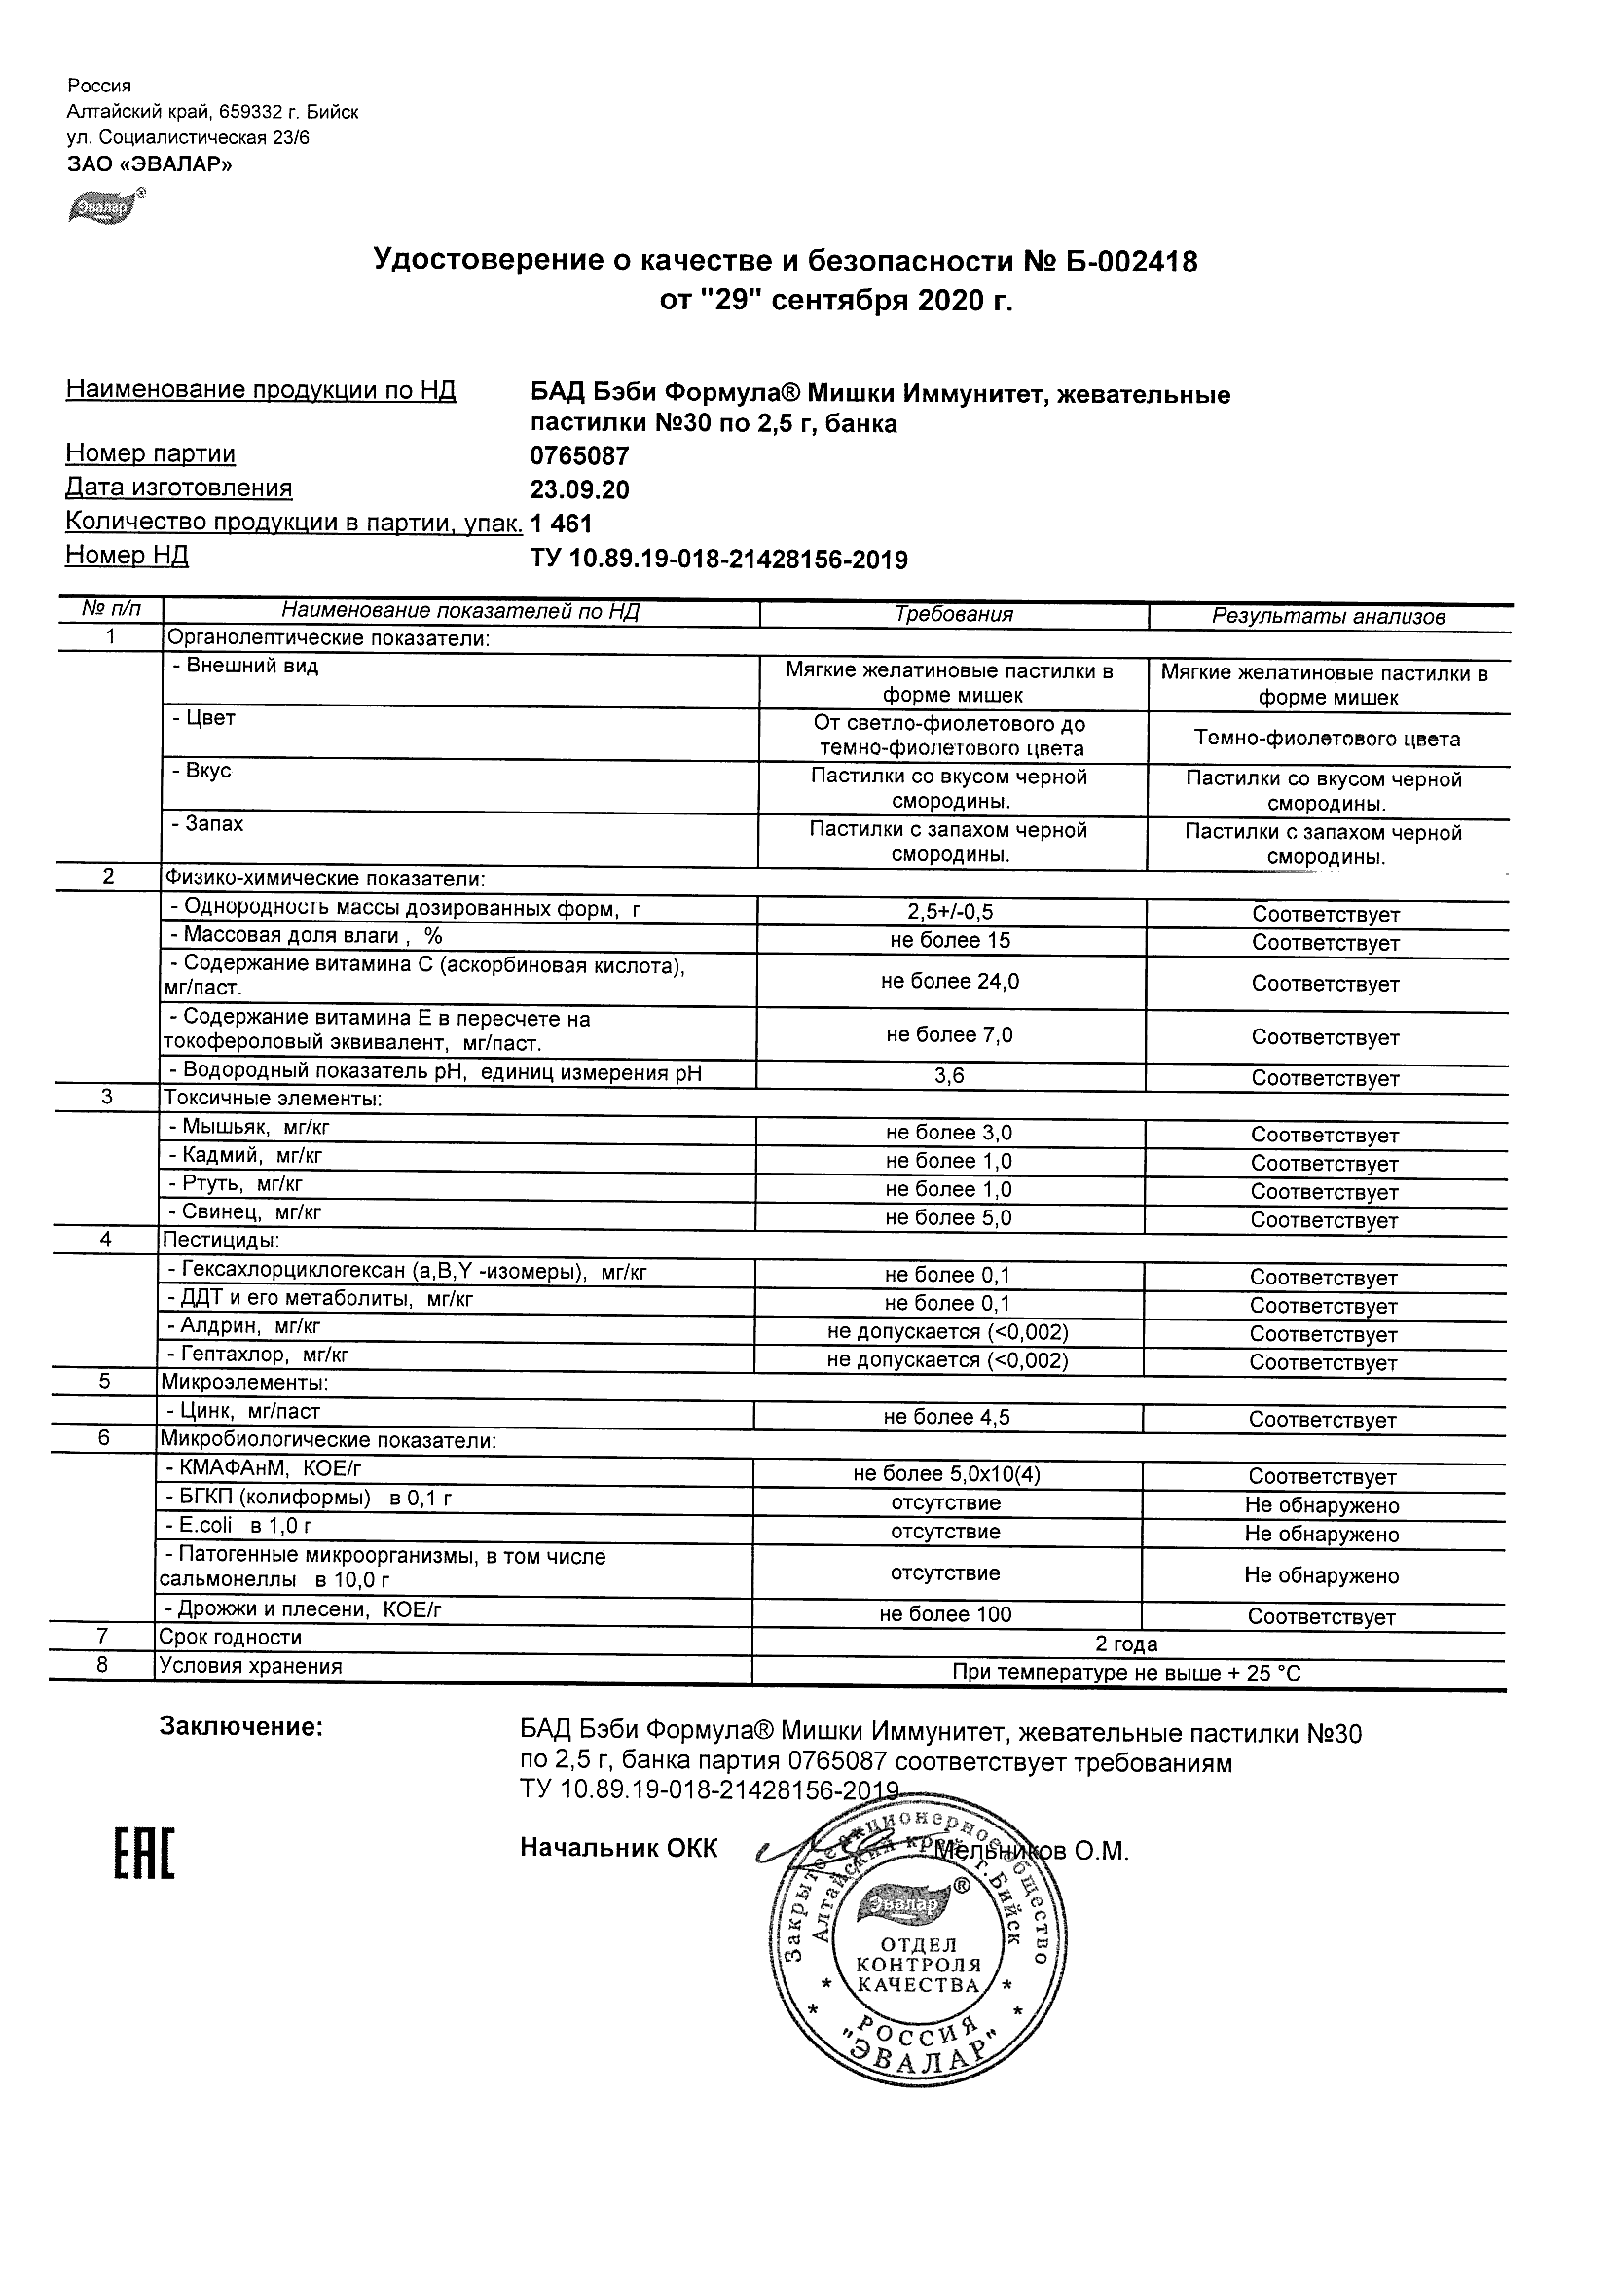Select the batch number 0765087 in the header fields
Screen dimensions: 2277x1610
click(579, 456)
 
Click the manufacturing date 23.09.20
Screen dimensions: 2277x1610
click(579, 489)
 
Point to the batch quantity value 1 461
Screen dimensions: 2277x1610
click(562, 524)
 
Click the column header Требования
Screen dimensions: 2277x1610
click(953, 614)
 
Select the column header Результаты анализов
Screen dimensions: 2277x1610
click(1329, 616)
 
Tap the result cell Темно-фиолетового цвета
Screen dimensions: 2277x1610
click(1328, 739)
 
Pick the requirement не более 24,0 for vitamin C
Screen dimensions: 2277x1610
click(949, 981)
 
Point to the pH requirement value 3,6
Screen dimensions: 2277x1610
click(949, 1075)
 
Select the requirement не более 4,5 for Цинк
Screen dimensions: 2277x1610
click(946, 1417)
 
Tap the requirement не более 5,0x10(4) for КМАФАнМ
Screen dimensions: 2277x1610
click(946, 1474)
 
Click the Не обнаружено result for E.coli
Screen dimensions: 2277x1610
click(1321, 1535)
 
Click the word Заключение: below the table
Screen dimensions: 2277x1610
click(241, 1726)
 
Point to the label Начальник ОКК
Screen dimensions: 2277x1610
click(618, 1848)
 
